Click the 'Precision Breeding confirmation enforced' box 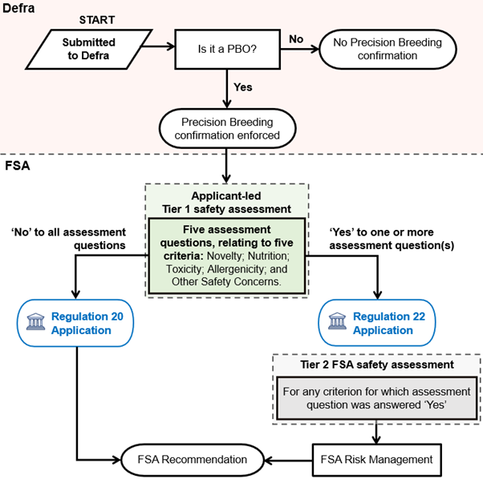coord(226,129)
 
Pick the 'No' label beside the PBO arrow coord(295,38)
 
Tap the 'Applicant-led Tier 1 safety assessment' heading coord(226,202)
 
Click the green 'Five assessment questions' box coord(226,256)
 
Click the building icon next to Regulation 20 coord(35,323)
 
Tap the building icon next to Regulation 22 coord(337,323)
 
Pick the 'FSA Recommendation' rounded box coord(193,460)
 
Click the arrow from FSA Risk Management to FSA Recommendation coord(289,460)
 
